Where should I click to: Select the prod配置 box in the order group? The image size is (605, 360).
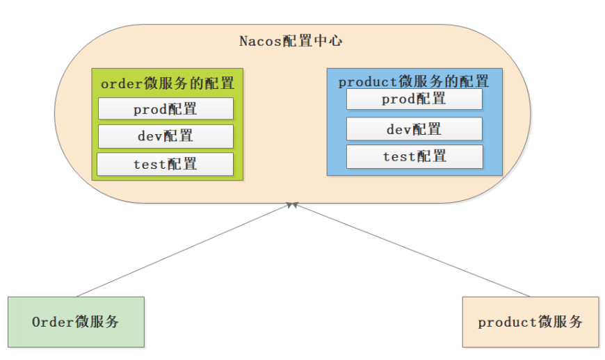(166, 109)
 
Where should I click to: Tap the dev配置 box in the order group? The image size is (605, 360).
(166, 136)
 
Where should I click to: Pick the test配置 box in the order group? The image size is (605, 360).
(166, 164)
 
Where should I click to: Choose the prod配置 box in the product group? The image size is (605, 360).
(414, 99)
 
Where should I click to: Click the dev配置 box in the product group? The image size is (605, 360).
(414, 129)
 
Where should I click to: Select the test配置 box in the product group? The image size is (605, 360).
(414, 156)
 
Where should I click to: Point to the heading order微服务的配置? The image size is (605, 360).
(167, 83)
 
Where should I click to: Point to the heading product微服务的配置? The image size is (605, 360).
(414, 81)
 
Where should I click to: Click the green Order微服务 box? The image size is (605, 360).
(76, 322)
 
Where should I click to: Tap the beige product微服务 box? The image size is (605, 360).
(530, 322)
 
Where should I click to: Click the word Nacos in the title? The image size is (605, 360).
(260, 40)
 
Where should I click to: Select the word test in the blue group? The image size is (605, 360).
(398, 156)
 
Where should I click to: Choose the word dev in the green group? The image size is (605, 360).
(150, 136)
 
